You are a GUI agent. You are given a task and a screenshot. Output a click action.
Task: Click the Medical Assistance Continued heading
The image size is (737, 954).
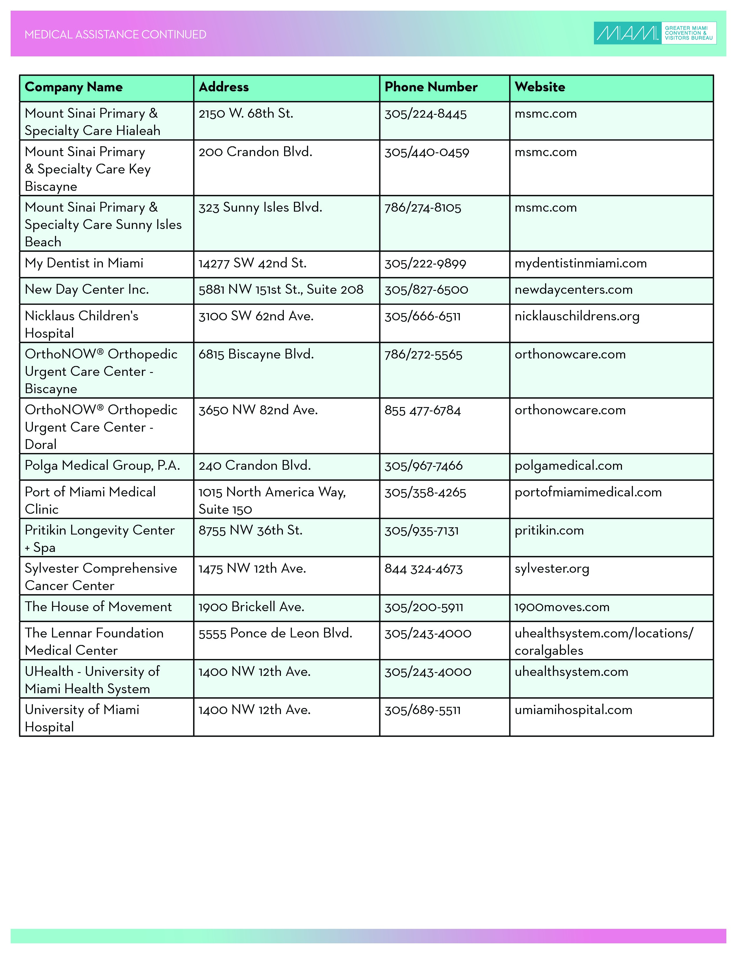(x=115, y=34)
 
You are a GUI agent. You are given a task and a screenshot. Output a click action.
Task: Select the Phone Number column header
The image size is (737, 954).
(x=431, y=87)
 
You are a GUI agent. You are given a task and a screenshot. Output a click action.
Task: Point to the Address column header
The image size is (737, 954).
(x=223, y=87)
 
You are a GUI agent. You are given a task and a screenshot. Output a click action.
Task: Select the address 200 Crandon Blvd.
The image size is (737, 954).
(x=255, y=152)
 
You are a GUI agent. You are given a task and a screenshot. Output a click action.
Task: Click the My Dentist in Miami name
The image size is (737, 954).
(x=84, y=263)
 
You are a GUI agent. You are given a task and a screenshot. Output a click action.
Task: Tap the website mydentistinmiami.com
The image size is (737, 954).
(x=580, y=263)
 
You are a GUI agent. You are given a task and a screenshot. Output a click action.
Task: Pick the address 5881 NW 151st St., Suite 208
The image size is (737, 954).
(x=281, y=290)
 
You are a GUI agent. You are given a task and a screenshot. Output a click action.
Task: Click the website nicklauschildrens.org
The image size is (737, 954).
(x=577, y=316)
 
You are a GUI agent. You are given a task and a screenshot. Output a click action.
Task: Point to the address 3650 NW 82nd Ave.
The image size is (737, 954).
(x=258, y=410)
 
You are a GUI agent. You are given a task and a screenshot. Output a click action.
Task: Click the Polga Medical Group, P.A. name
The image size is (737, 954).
(x=102, y=466)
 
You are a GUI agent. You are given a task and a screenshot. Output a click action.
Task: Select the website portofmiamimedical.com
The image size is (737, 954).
(x=588, y=492)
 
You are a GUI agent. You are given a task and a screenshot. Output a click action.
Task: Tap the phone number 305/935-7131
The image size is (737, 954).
(x=421, y=531)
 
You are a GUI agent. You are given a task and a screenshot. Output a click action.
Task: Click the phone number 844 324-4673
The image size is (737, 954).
(x=423, y=569)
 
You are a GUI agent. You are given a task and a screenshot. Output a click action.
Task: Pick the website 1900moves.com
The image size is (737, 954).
(x=562, y=607)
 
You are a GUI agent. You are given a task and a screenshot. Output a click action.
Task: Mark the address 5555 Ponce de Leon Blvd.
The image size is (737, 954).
(x=275, y=633)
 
